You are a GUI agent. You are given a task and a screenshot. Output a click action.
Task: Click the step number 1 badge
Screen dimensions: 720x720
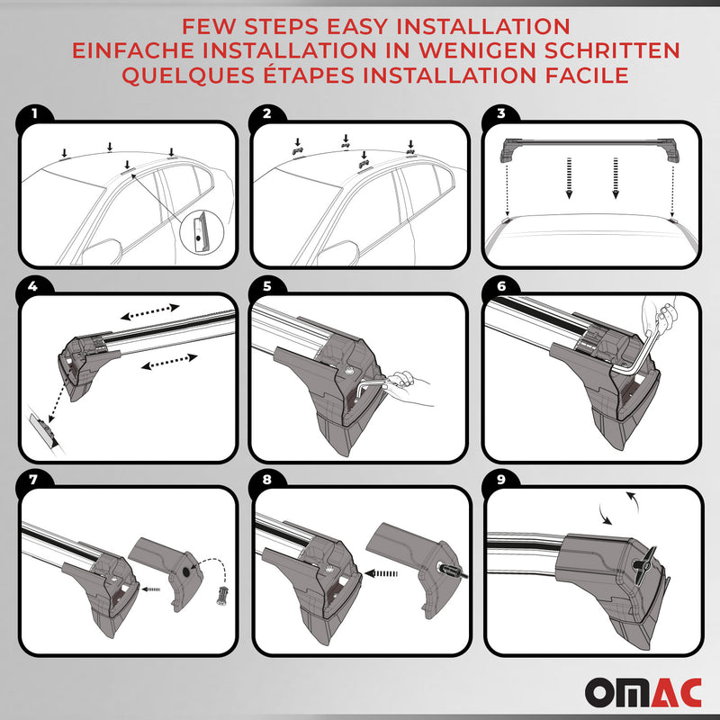click(x=33, y=115)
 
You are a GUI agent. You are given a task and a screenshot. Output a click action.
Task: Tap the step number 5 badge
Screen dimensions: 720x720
click(x=266, y=286)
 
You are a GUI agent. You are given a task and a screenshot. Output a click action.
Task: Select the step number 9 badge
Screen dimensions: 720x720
click(x=500, y=480)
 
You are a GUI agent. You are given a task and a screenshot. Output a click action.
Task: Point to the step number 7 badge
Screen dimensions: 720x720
click(x=33, y=480)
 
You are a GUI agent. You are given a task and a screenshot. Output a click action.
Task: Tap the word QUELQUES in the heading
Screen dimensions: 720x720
click(x=172, y=76)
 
